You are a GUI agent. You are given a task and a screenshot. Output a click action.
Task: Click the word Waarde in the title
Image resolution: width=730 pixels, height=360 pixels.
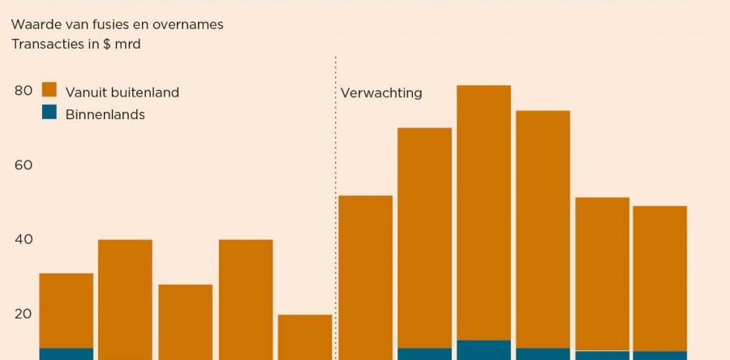tap(34, 25)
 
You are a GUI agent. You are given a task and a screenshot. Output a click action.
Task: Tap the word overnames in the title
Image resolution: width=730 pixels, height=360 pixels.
tap(188, 25)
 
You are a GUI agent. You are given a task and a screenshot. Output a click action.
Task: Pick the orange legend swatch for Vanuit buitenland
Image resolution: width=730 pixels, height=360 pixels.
tap(49, 90)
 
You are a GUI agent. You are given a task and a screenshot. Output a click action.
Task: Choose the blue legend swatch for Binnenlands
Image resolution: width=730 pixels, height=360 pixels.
tap(49, 112)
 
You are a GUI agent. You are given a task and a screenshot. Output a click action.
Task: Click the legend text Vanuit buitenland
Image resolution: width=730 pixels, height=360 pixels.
tap(122, 92)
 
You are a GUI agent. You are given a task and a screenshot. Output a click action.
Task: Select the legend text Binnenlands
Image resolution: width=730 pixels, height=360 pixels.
tap(105, 114)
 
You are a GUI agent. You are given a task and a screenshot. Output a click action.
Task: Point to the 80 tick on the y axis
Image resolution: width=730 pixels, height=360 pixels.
tap(23, 91)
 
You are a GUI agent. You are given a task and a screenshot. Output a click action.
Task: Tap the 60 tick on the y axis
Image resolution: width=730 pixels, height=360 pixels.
tap(23, 165)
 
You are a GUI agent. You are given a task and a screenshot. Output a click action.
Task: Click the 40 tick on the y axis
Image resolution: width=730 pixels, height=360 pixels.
tap(23, 240)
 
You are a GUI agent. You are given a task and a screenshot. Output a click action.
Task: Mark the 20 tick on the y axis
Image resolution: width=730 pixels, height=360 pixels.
tap(23, 315)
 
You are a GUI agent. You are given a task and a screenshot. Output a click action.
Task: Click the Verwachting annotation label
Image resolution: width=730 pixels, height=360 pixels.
tap(382, 92)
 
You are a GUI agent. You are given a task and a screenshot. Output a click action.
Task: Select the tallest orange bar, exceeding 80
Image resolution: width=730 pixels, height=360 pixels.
tap(484, 211)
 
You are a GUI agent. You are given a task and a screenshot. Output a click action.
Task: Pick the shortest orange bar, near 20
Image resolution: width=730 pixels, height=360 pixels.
tap(305, 336)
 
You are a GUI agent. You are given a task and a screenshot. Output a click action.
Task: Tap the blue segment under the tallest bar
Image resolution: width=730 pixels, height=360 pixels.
tap(484, 349)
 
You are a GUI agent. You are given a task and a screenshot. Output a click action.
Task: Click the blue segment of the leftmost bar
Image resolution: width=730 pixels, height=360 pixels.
tap(67, 354)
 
